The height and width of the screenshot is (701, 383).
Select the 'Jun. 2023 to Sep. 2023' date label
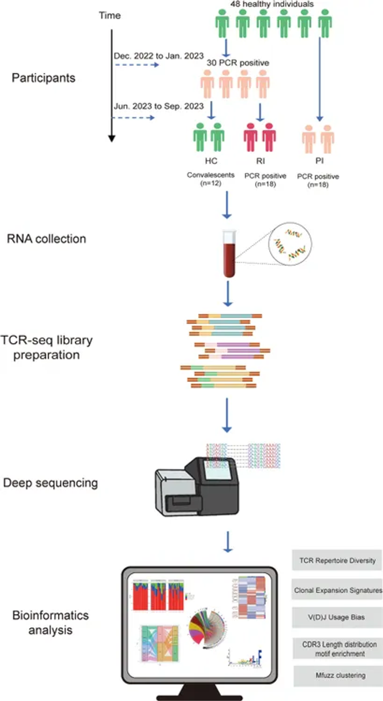(158, 106)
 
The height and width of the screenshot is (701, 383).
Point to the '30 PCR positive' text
(238, 64)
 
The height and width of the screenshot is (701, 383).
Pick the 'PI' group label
(320, 162)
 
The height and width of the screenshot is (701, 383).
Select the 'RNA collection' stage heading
(47, 239)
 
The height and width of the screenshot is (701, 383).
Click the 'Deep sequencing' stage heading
(50, 483)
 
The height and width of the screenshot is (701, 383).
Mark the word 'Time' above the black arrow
(109, 15)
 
